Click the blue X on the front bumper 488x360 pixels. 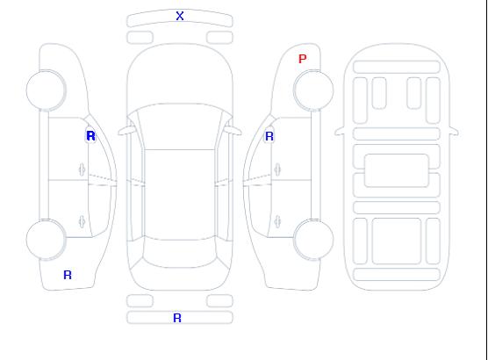click(180, 16)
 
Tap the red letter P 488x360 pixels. click(302, 59)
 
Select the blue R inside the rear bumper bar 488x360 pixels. click(177, 318)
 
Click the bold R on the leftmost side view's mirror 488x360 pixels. click(90, 136)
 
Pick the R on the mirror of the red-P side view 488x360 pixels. click(269, 136)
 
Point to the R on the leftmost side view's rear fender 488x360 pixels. click(68, 275)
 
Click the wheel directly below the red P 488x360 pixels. click(313, 90)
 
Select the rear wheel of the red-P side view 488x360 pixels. click(313, 239)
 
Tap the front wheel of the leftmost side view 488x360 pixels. click(46, 90)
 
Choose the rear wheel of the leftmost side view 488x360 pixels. click(46, 239)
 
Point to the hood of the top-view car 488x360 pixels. click(180, 75)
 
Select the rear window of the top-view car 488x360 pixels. click(180, 254)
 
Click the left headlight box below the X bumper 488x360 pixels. click(140, 38)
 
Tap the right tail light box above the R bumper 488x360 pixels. click(219, 301)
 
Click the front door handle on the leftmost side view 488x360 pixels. click(82, 169)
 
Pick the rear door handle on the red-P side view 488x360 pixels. click(277, 222)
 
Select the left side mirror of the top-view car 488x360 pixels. click(126, 131)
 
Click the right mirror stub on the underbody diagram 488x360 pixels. click(454, 132)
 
